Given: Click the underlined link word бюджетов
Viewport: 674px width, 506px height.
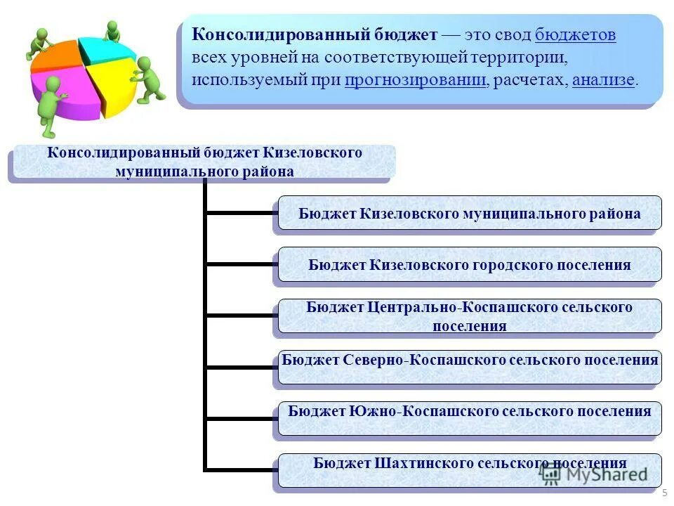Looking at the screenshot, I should [575, 35].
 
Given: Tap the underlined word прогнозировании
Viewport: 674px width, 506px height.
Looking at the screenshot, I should [416, 80].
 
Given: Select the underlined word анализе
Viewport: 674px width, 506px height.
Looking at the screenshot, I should [603, 80].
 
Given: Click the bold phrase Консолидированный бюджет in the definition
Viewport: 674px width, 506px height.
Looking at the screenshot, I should [315, 35].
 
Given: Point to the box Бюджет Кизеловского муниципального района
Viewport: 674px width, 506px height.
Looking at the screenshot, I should [469, 214].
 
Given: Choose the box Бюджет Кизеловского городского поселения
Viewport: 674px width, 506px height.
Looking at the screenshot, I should [469, 265].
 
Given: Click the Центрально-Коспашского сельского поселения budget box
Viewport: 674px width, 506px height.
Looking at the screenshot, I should [469, 316].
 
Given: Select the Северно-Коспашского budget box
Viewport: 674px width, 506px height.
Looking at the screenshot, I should [469, 367].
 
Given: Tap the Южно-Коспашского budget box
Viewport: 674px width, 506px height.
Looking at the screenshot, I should [469, 418].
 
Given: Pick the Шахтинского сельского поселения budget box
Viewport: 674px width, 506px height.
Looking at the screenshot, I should [469, 469].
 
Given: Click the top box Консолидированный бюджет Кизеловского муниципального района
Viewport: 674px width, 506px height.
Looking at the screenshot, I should [204, 162].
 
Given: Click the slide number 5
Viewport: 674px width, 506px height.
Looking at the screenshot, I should [664, 493].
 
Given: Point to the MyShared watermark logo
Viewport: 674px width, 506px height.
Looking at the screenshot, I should [594, 474].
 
